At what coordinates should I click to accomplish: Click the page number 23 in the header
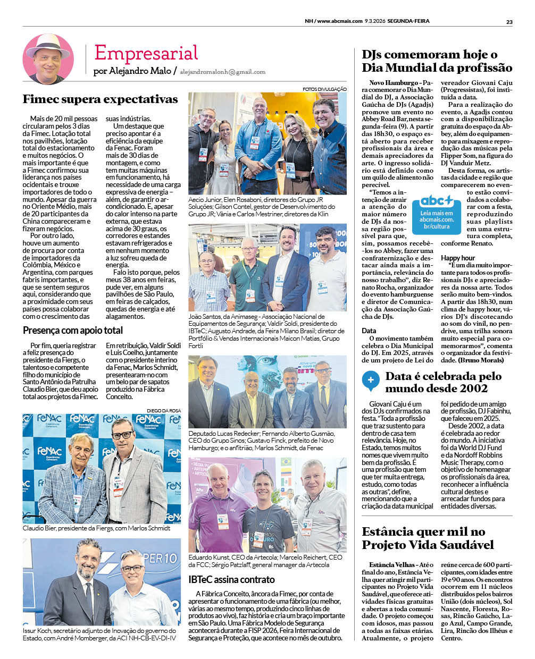509,22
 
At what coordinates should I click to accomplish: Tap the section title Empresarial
146,53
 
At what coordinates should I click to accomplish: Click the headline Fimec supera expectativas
100,99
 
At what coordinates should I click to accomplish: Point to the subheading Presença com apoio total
73,330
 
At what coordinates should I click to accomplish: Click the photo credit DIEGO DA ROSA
163,411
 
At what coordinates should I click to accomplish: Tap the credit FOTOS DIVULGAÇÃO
324,89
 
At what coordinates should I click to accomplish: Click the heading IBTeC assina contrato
231,579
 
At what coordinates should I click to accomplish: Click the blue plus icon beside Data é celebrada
370,380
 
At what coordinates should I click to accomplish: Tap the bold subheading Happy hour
458,258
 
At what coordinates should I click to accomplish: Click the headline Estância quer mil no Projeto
428,538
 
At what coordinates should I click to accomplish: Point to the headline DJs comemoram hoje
437,61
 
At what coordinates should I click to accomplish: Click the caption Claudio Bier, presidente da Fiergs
96,528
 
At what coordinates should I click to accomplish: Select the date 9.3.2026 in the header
375,22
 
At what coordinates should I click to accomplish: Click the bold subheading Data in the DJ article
369,331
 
